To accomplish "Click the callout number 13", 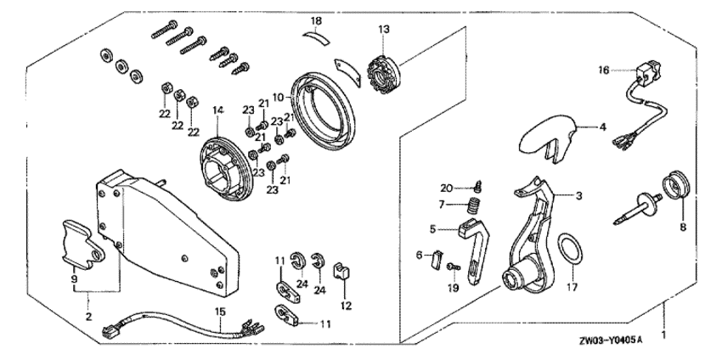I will click(384, 30).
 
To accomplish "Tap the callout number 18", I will click(316, 20).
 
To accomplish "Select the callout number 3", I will click(578, 196).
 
